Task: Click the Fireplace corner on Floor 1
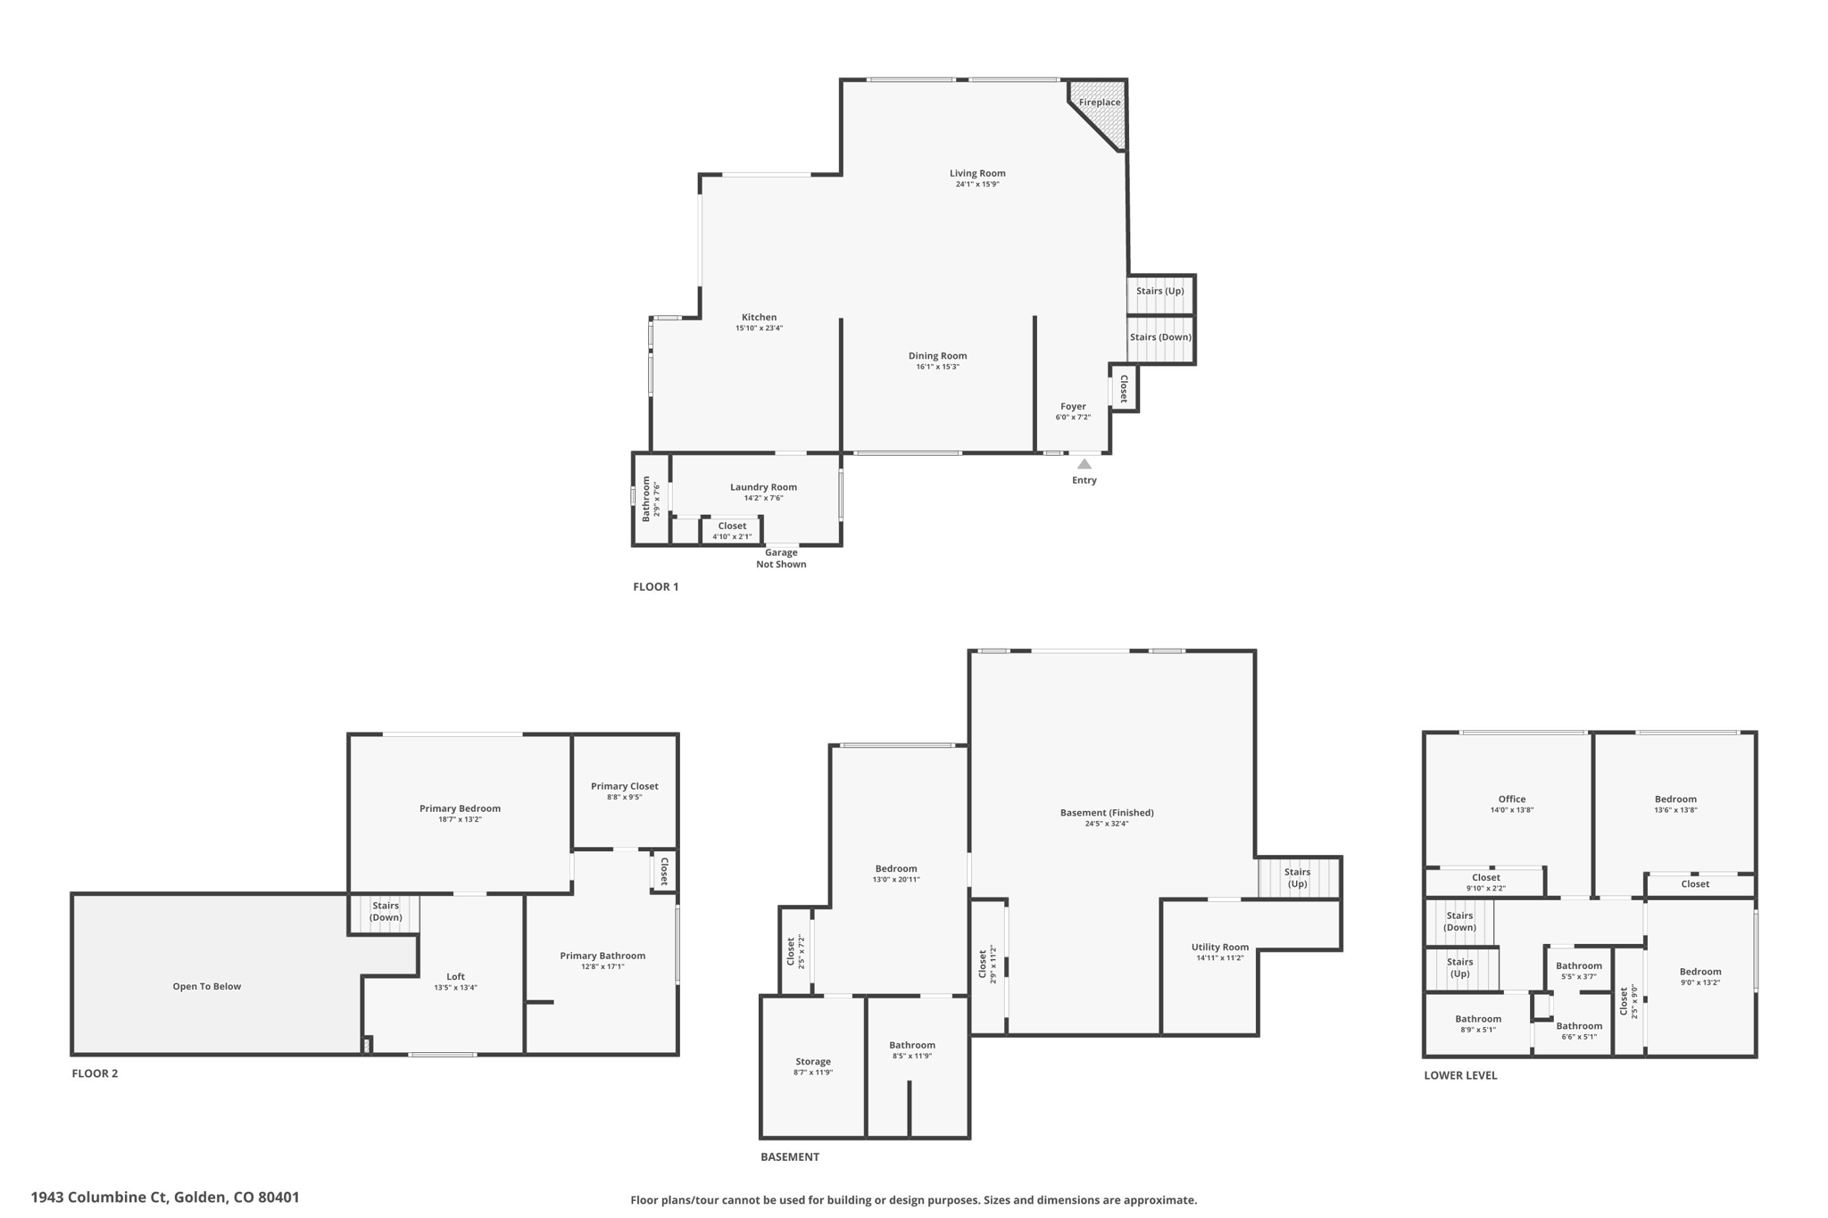point(1103,107)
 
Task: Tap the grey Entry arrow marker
point(1084,464)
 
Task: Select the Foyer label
point(1073,407)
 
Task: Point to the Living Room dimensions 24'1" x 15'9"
point(977,185)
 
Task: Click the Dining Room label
point(937,356)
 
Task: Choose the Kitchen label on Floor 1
point(759,318)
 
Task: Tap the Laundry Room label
point(763,487)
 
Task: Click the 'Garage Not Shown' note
point(781,559)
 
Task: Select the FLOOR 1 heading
point(655,587)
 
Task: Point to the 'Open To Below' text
point(207,987)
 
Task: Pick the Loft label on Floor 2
point(455,977)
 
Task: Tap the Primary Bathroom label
point(602,956)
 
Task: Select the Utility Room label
point(1219,948)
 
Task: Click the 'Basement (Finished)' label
point(1107,813)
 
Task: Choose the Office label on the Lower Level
point(1511,800)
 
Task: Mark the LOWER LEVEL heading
point(1460,1075)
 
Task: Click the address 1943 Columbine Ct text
point(165,1197)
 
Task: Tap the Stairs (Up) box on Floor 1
point(1159,292)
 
